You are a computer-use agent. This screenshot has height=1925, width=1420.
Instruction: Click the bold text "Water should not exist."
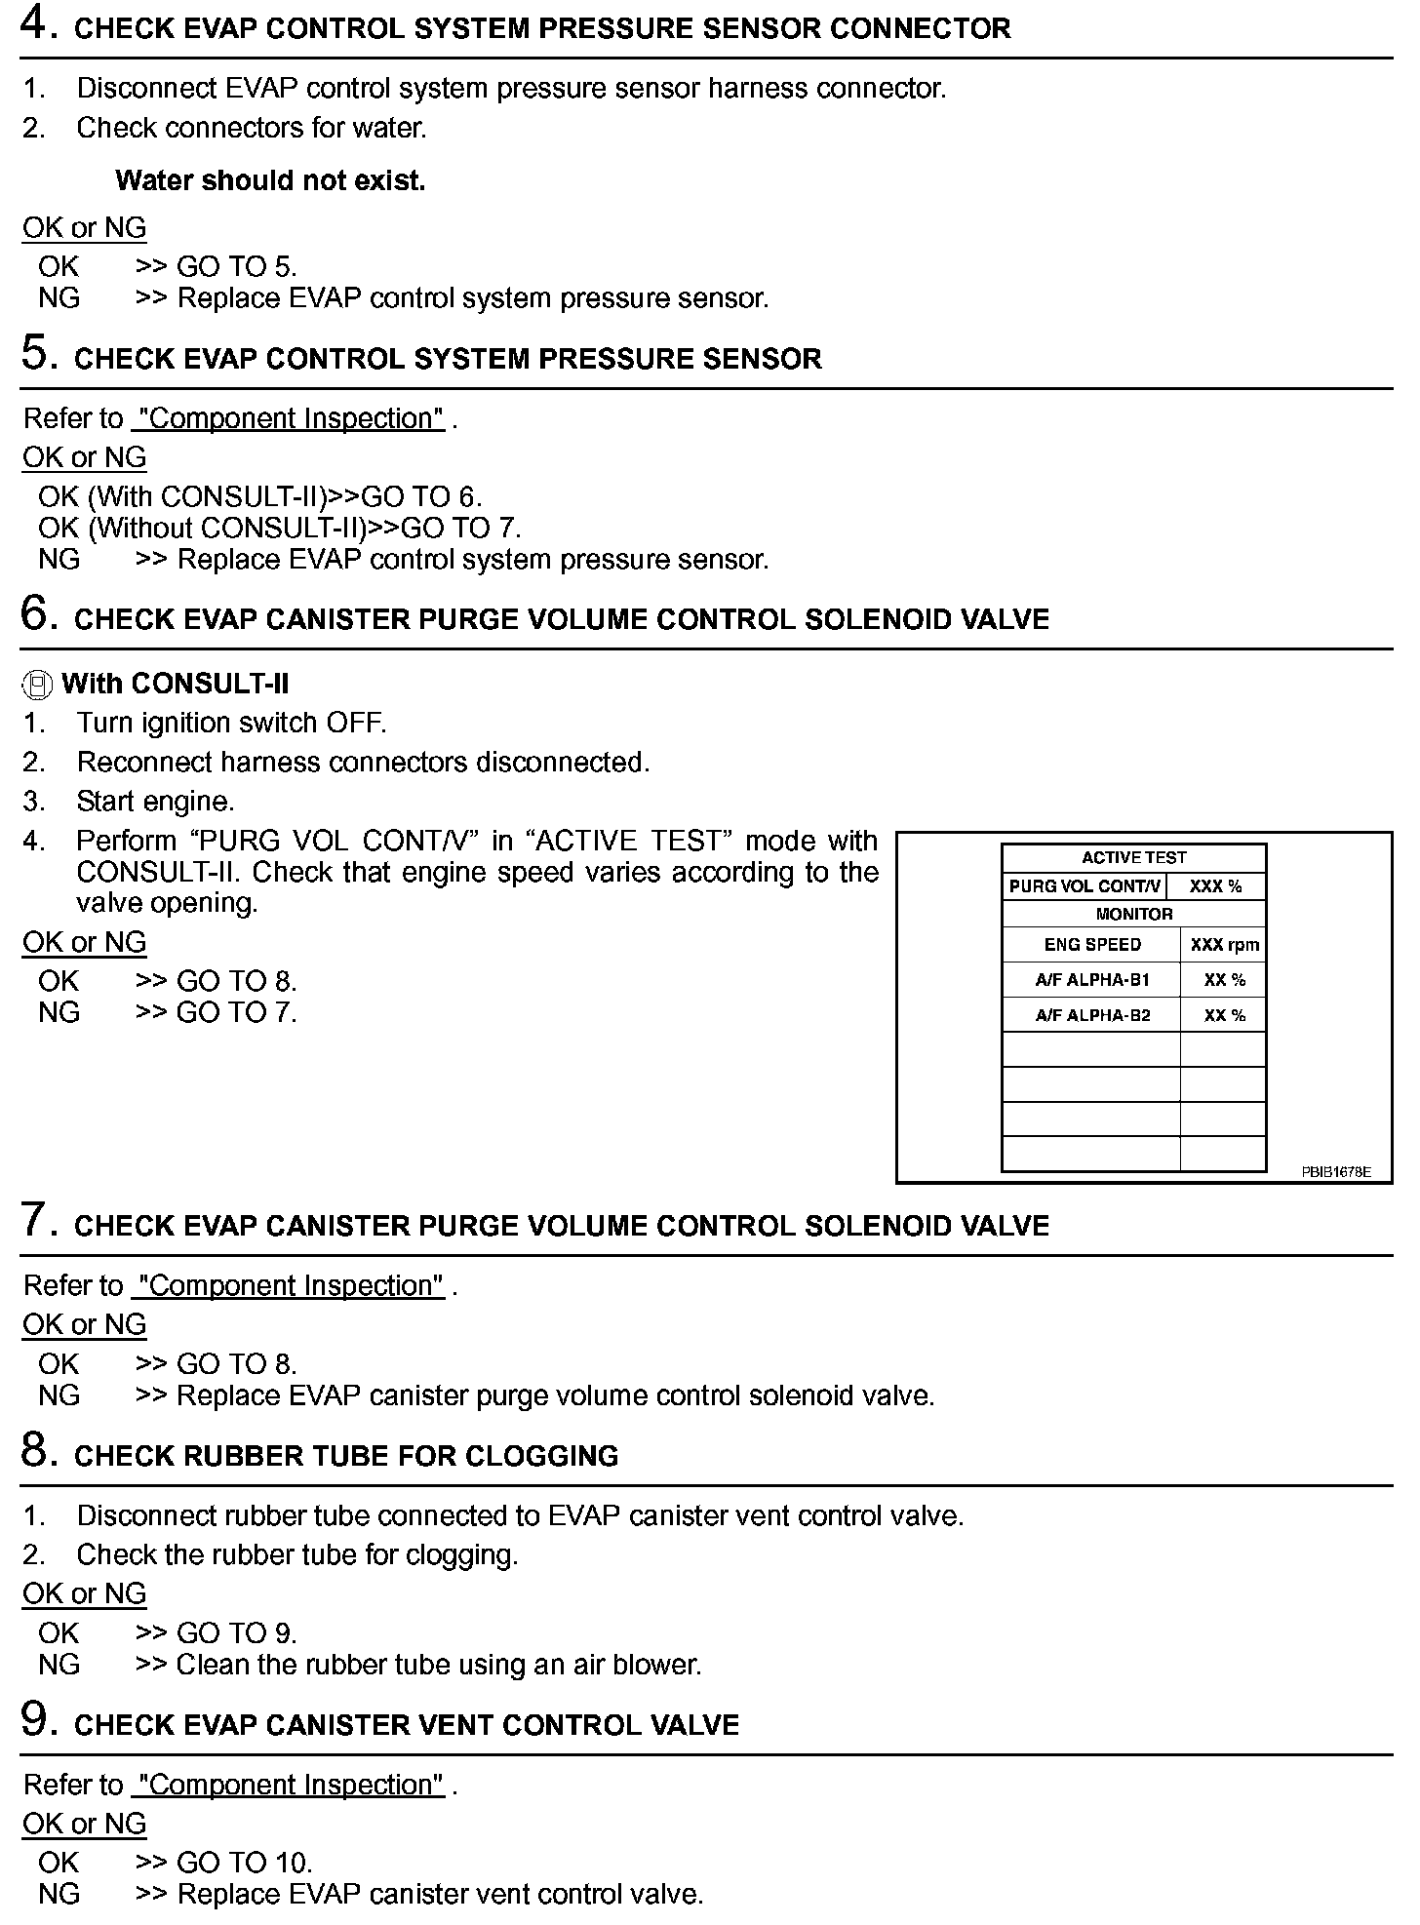270,180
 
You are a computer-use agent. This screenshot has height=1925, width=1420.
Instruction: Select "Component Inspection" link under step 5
289,418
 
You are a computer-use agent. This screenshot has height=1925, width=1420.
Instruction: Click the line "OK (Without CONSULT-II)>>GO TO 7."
280,528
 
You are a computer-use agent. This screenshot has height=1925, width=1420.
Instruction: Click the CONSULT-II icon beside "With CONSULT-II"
37,685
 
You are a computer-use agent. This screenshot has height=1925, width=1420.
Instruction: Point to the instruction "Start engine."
155,802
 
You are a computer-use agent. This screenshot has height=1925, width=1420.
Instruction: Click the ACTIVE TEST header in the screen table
1133,858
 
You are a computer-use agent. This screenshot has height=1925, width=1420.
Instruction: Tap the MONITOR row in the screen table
1133,914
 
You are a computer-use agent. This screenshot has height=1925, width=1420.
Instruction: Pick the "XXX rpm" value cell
1224,944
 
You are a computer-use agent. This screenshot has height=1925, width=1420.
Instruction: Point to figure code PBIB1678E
1335,1172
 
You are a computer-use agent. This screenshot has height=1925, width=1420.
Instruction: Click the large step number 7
35,1221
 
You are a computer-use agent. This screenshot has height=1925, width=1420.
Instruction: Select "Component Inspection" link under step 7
289,1286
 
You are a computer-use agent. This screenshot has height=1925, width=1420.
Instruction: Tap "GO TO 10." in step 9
244,1863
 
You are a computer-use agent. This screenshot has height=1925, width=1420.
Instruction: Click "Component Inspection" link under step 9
289,1785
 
